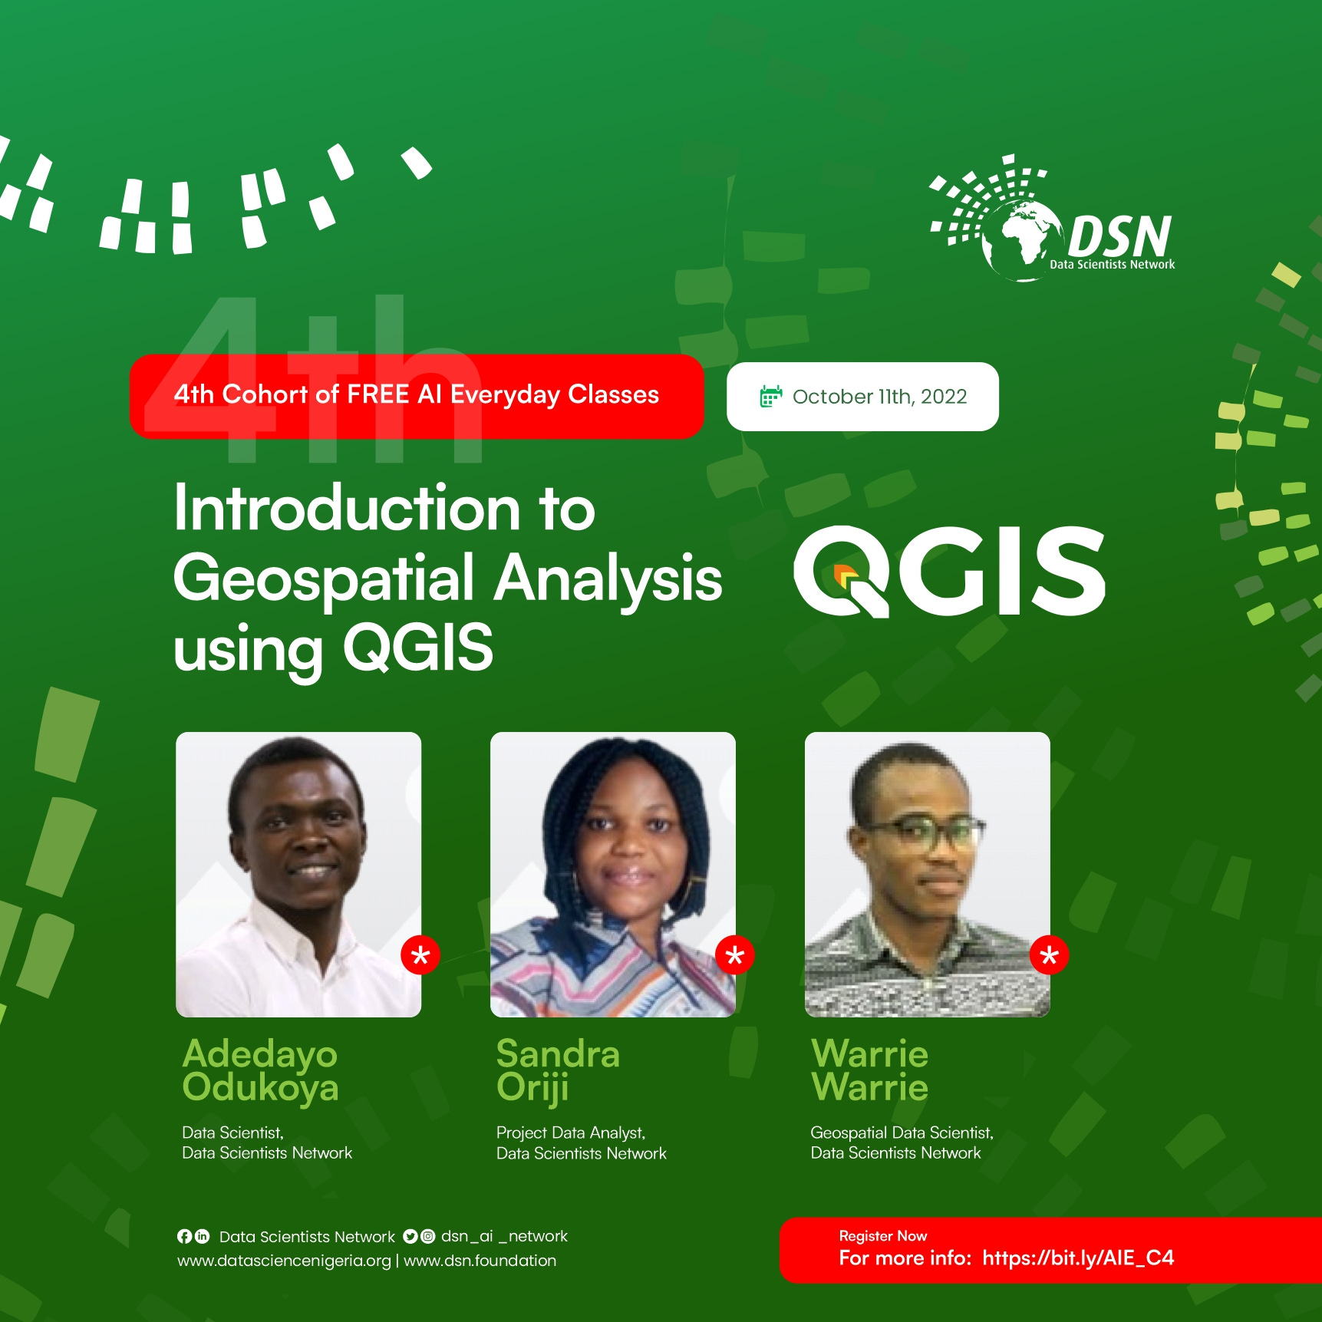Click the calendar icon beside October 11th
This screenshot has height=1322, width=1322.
tap(770, 397)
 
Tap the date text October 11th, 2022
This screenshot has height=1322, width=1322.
tap(879, 397)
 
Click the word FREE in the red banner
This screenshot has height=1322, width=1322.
tap(377, 394)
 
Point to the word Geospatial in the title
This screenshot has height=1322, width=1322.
tap(325, 579)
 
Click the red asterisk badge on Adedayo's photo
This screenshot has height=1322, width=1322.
tap(420, 955)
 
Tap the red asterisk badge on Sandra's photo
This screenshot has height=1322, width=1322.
tap(735, 955)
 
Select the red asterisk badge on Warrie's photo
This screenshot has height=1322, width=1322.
tap(1049, 955)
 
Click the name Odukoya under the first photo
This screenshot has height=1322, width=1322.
tap(260, 1089)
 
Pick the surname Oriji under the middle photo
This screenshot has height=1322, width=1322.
tap(532, 1089)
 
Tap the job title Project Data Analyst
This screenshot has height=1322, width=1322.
tap(570, 1132)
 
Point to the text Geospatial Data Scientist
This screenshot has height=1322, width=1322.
tap(902, 1132)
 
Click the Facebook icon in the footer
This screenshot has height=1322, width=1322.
tap(184, 1236)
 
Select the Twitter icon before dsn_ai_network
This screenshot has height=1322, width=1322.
tap(410, 1236)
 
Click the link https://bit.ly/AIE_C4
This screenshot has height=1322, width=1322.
tap(1078, 1258)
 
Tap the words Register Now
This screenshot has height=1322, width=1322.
tap(882, 1236)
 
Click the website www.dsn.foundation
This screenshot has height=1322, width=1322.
tap(480, 1261)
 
